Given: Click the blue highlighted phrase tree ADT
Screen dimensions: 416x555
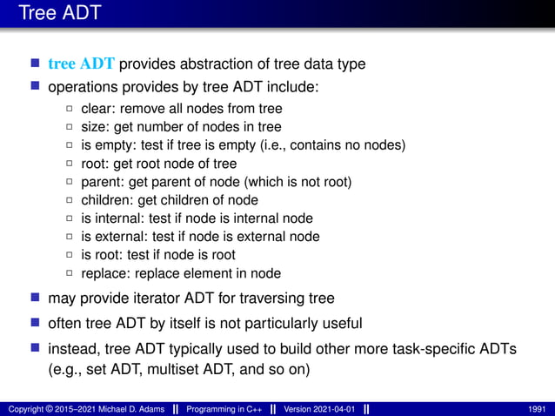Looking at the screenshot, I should tap(82, 64).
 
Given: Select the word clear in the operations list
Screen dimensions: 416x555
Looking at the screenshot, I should tap(97, 109).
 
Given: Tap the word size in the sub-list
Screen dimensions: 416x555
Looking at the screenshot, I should tap(94, 127).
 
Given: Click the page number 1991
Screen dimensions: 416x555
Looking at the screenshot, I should tap(538, 408).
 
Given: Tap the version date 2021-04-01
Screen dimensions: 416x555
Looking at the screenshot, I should tap(336, 408).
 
